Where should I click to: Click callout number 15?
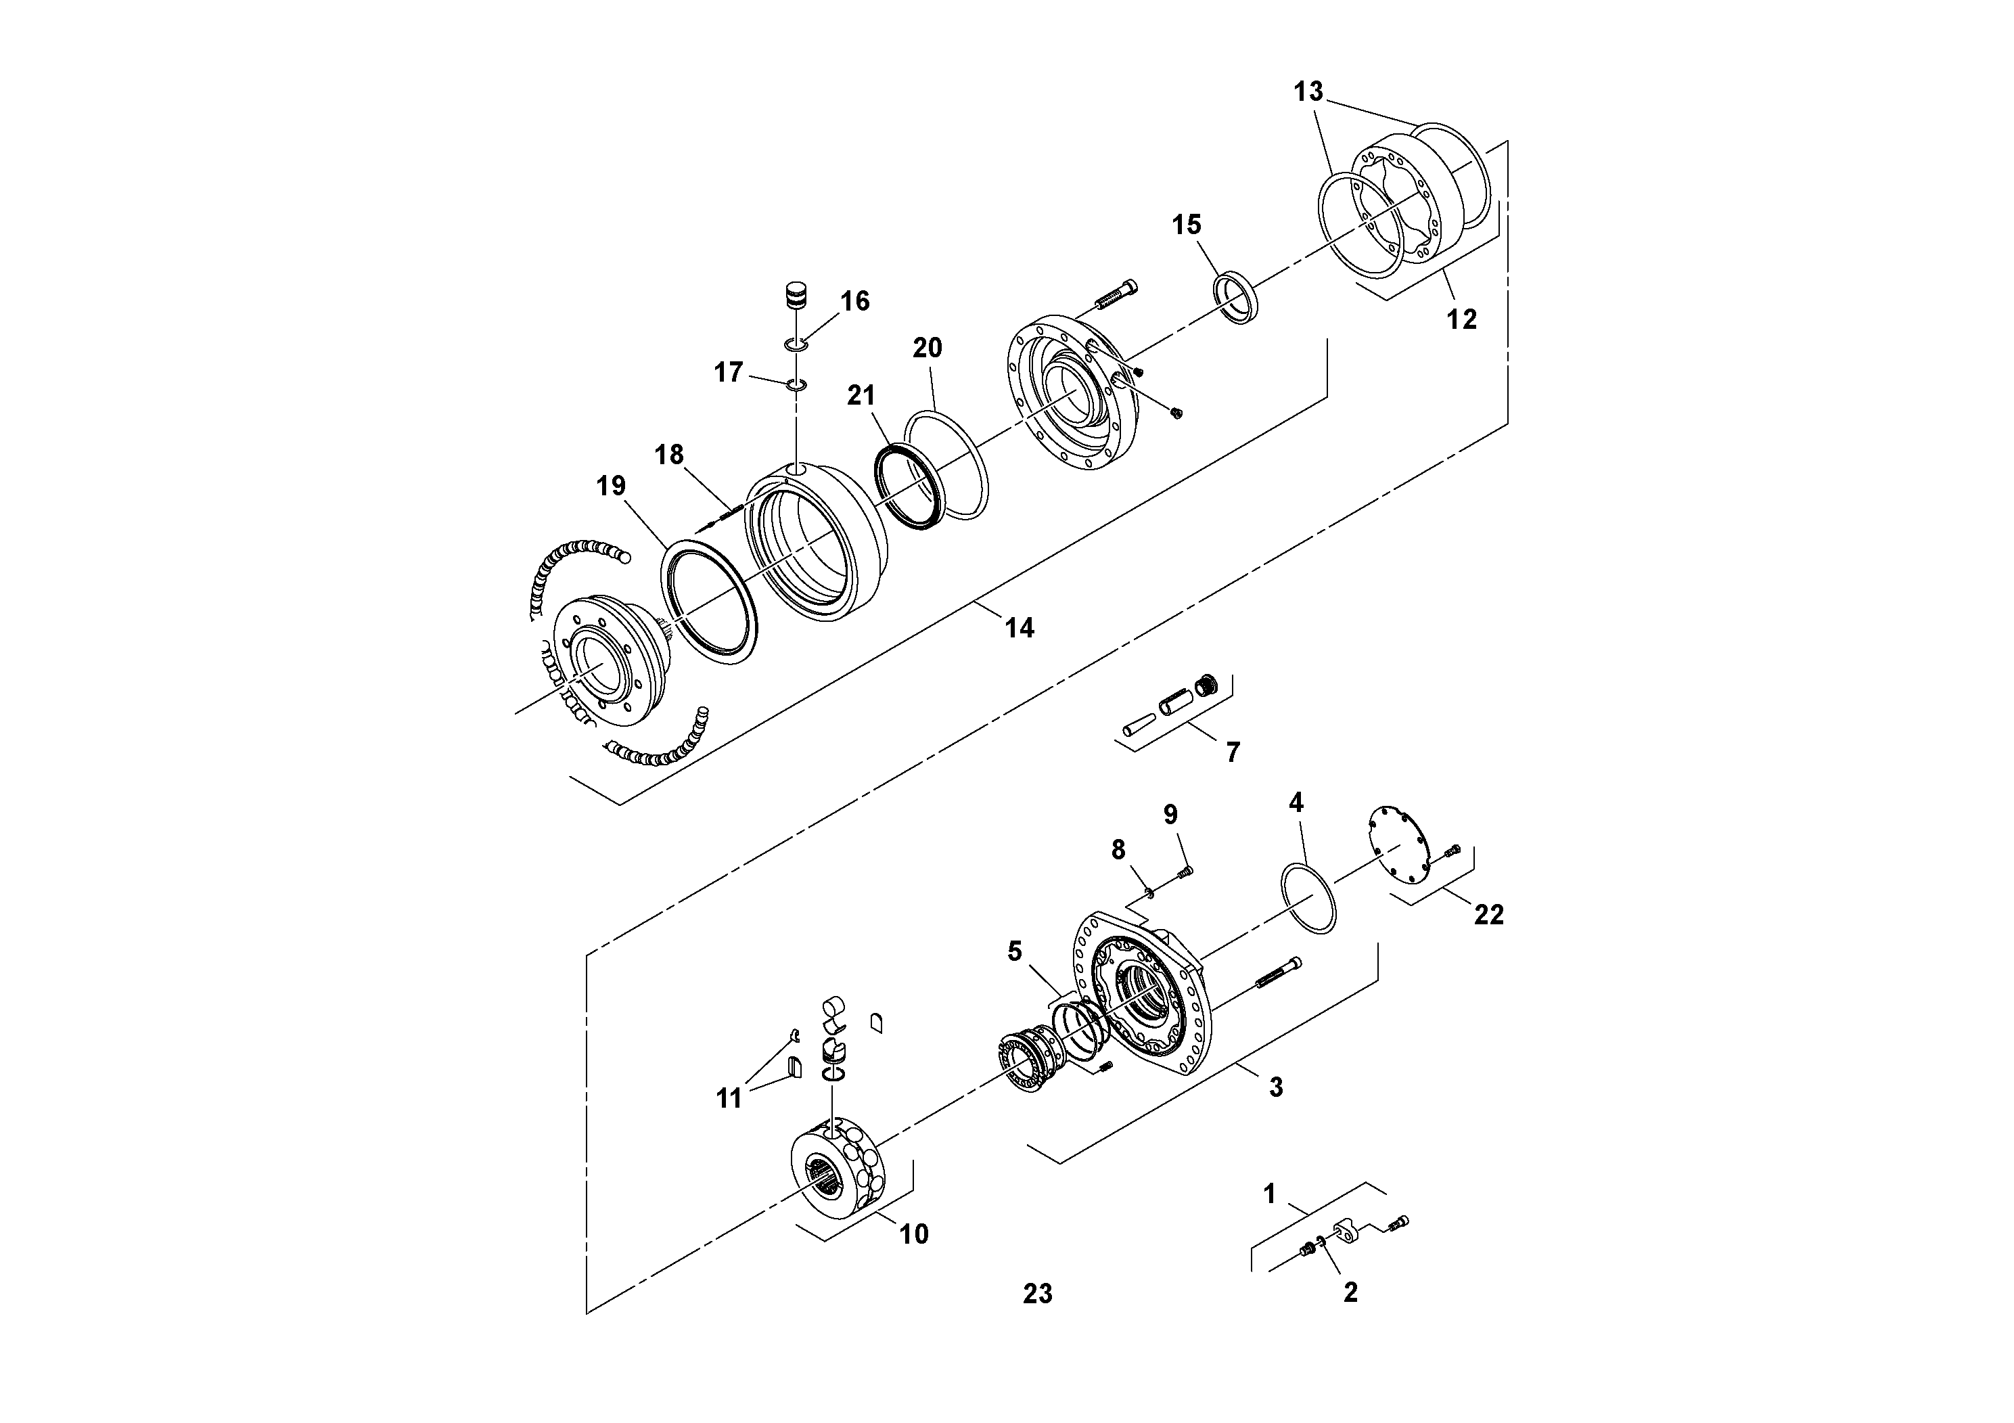[x=1186, y=225]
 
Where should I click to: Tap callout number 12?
[x=1461, y=319]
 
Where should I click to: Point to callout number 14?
[x=1020, y=627]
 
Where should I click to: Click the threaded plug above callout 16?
[x=796, y=296]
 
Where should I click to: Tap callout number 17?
[x=728, y=373]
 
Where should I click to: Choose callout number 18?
[x=668, y=455]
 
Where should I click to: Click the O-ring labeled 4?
[x=1309, y=899]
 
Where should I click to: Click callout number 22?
[x=1488, y=915]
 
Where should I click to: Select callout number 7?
[x=1233, y=752]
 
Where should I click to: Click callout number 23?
[x=1037, y=1294]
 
